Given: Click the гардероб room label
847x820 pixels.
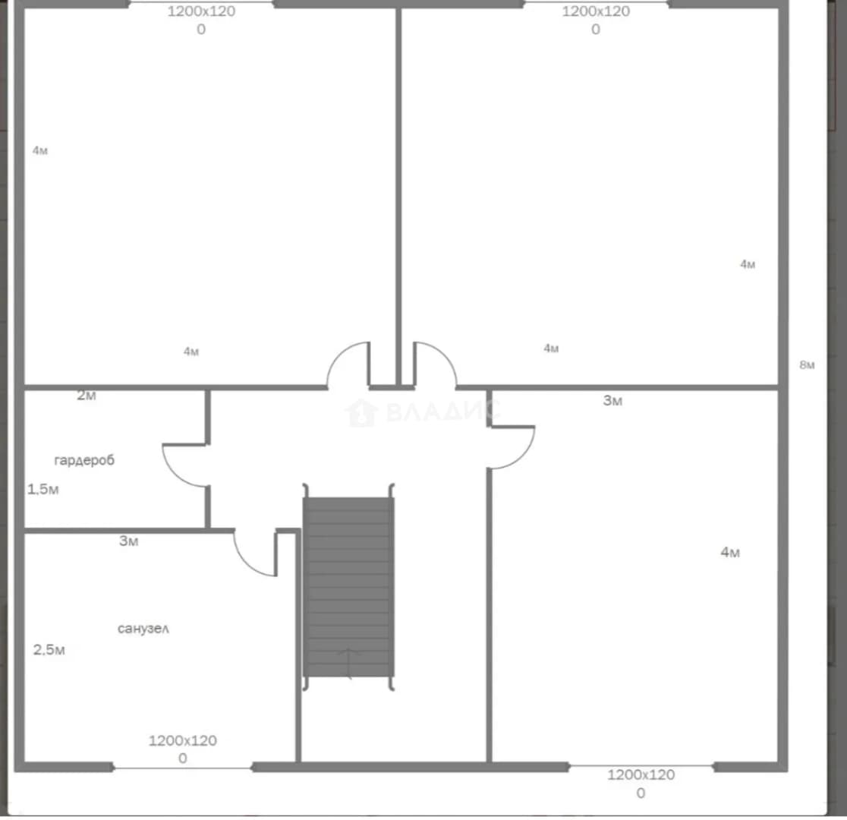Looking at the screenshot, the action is (x=84, y=460).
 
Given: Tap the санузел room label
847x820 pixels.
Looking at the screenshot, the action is (x=143, y=628).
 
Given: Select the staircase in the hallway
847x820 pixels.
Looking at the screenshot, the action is (x=348, y=586).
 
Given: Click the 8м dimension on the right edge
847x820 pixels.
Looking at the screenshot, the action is (x=807, y=365).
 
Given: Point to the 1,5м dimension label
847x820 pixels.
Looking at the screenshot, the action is (x=43, y=489).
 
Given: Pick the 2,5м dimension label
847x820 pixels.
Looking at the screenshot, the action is (x=49, y=649).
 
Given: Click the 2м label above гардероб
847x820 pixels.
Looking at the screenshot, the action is (x=87, y=395).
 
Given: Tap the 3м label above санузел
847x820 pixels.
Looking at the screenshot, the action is (x=128, y=541).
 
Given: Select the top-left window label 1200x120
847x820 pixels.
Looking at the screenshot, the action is (x=201, y=11).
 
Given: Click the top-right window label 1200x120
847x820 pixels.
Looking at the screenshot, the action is (x=596, y=11).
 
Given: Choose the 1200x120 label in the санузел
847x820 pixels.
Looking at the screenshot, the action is (x=183, y=740).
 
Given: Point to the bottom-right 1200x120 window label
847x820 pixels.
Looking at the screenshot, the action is (x=641, y=774).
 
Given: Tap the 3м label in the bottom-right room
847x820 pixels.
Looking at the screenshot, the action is (x=612, y=401).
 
